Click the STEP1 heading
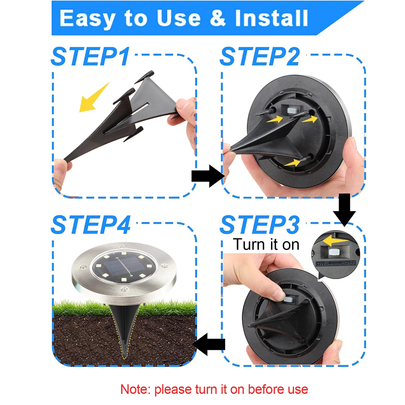point(90,56)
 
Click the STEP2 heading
point(259,56)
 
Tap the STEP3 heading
point(259,225)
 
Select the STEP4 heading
point(90,225)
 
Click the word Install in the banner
point(271,18)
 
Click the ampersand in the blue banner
point(218,18)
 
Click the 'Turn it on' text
point(266,244)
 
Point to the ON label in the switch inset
point(320,264)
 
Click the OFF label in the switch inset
point(350,263)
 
